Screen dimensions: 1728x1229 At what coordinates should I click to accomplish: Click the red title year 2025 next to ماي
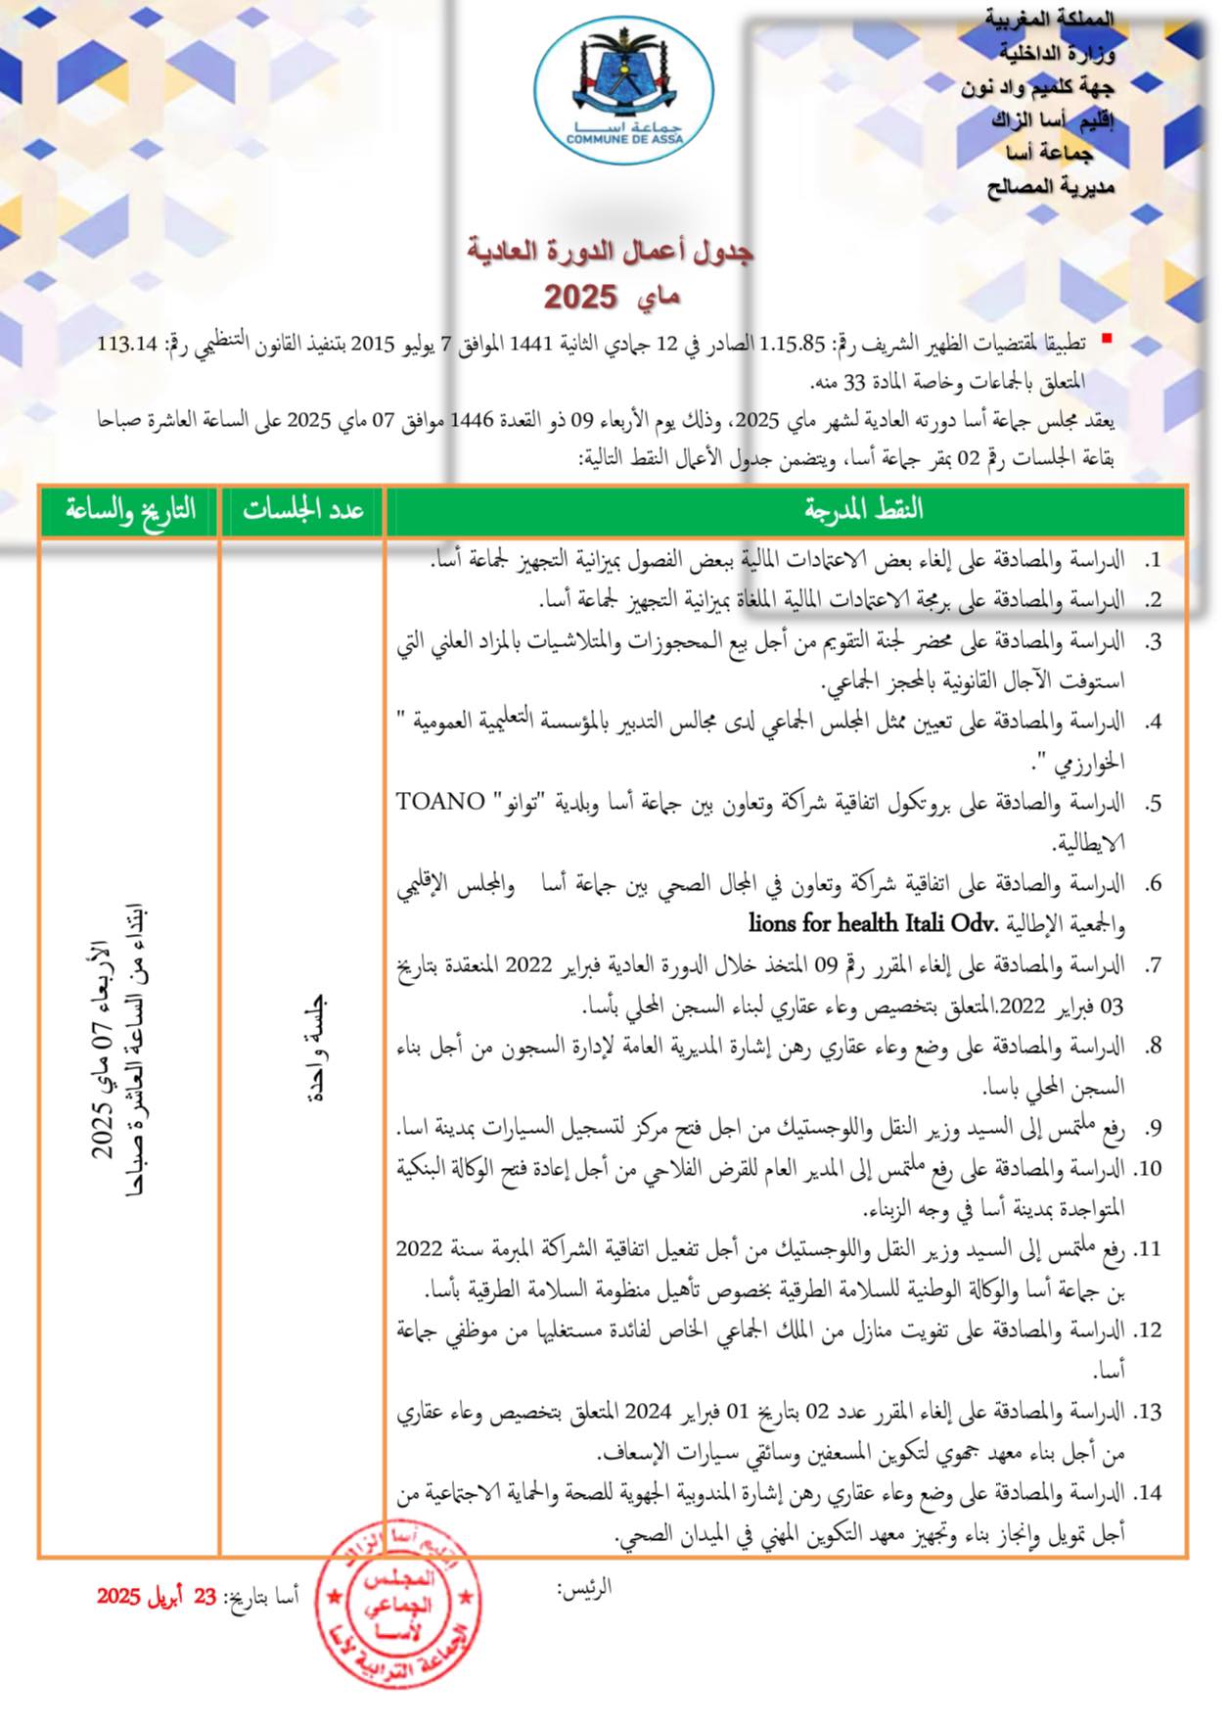[x=580, y=297]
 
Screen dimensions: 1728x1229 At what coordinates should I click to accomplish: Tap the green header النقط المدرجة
[x=863, y=509]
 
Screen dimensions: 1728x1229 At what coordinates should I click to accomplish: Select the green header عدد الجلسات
[x=302, y=509]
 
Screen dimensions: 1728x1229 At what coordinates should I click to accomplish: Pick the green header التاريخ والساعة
[x=130, y=509]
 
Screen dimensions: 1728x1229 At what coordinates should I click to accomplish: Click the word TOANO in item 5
[x=440, y=802]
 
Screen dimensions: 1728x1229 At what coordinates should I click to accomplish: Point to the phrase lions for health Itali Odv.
[x=872, y=922]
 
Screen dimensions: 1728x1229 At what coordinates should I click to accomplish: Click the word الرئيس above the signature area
[x=584, y=1587]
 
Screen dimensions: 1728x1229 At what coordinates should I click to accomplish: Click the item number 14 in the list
[x=1148, y=1493]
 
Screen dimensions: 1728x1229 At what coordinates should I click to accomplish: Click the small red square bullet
[x=1107, y=339]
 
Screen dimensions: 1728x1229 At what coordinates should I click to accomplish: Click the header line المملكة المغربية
[x=1048, y=19]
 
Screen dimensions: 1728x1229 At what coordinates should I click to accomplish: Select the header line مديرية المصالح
[x=1050, y=186]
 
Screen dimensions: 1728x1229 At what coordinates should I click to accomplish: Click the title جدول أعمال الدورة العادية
[x=610, y=251]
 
